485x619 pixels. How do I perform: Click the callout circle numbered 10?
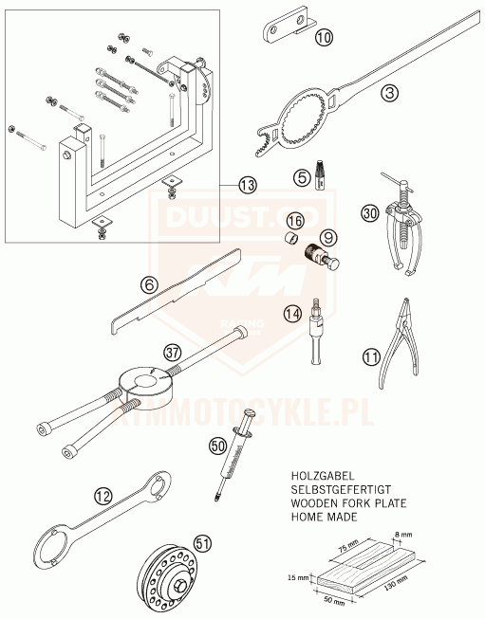pos(324,38)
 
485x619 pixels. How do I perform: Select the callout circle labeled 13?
pos(248,185)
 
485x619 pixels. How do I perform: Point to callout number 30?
pos(369,213)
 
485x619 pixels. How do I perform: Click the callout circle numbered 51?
pos(202,544)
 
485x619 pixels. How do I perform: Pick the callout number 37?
pos(173,352)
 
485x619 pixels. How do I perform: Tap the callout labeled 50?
pos(217,446)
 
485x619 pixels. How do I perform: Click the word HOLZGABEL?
pos(323,476)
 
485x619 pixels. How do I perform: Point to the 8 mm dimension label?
pos(402,535)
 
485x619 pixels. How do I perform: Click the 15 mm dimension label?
pos(298,578)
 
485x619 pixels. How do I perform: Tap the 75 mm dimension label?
pos(348,547)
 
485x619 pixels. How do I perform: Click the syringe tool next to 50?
pos(234,454)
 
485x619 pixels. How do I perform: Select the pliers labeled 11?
pos(398,343)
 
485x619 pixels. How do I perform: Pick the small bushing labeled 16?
pos(291,238)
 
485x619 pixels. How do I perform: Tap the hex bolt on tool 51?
pos(179,584)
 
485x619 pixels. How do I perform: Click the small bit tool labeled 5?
pos(320,174)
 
